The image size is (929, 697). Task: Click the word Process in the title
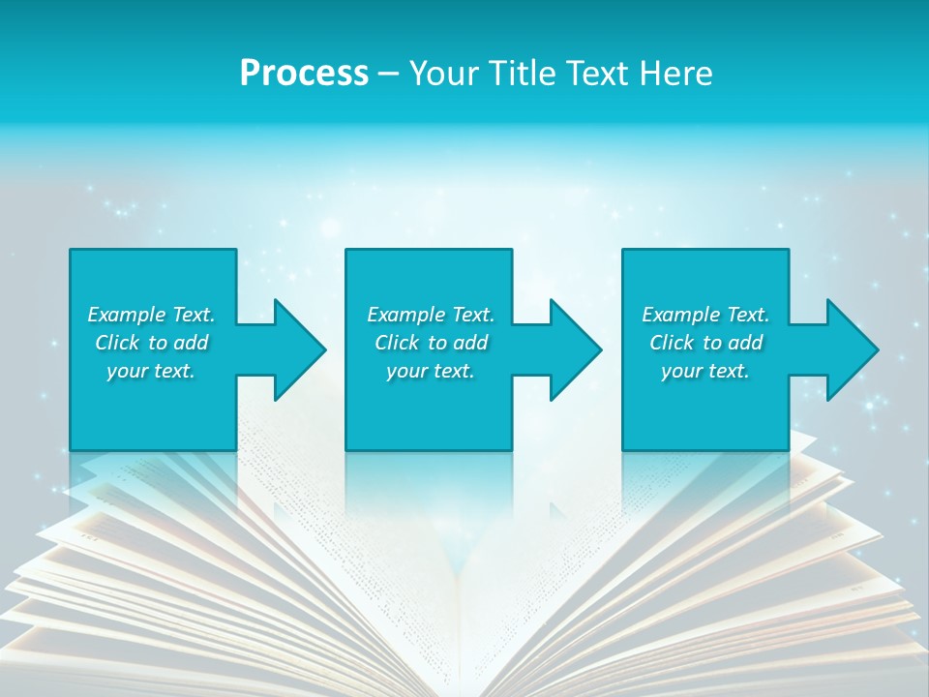[304, 74]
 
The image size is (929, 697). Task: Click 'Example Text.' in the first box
[151, 315]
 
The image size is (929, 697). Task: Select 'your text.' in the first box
[151, 371]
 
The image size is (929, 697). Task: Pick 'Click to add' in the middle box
[431, 343]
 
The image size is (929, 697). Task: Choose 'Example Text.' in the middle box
[431, 315]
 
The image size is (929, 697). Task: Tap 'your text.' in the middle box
[431, 371]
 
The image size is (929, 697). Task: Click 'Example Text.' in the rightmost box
[705, 315]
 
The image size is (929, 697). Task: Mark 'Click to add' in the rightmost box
[705, 343]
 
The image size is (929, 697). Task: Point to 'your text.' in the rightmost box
[705, 371]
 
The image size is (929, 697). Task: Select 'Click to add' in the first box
[151, 343]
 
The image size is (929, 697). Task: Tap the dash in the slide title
[389, 74]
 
